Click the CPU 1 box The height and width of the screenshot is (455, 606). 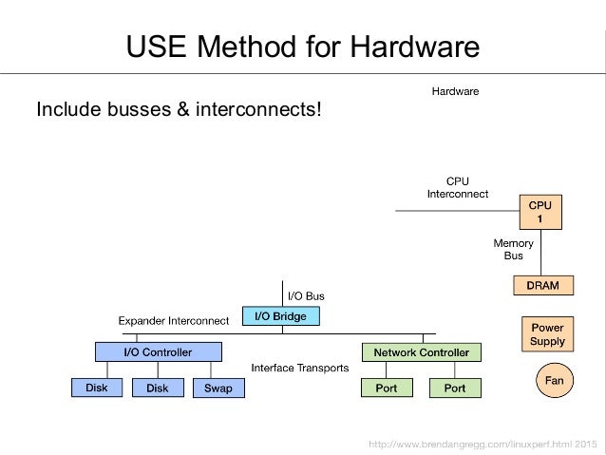coord(540,212)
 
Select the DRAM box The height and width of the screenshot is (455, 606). coord(536,285)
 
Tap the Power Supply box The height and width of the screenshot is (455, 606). coord(547,334)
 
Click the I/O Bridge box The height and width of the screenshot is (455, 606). coord(280,316)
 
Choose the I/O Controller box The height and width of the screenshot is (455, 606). coord(158,352)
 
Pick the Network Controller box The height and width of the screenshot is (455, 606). coord(421,352)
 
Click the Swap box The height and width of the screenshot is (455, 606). coord(218,388)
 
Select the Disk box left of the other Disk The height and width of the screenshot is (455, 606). coord(97,388)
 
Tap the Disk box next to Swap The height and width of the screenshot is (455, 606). coord(158,388)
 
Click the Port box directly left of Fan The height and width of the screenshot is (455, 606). coord(455,388)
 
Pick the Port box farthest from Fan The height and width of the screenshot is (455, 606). coord(387,388)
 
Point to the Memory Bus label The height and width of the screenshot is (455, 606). coord(513,249)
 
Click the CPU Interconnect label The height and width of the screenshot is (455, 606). coord(457,187)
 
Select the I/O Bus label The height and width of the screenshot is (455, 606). coord(306,296)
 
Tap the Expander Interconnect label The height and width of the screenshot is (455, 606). coord(173,321)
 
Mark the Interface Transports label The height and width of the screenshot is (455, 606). coord(299,367)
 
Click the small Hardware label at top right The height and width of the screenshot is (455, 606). coord(456,92)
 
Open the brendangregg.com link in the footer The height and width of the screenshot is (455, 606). coord(482,445)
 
